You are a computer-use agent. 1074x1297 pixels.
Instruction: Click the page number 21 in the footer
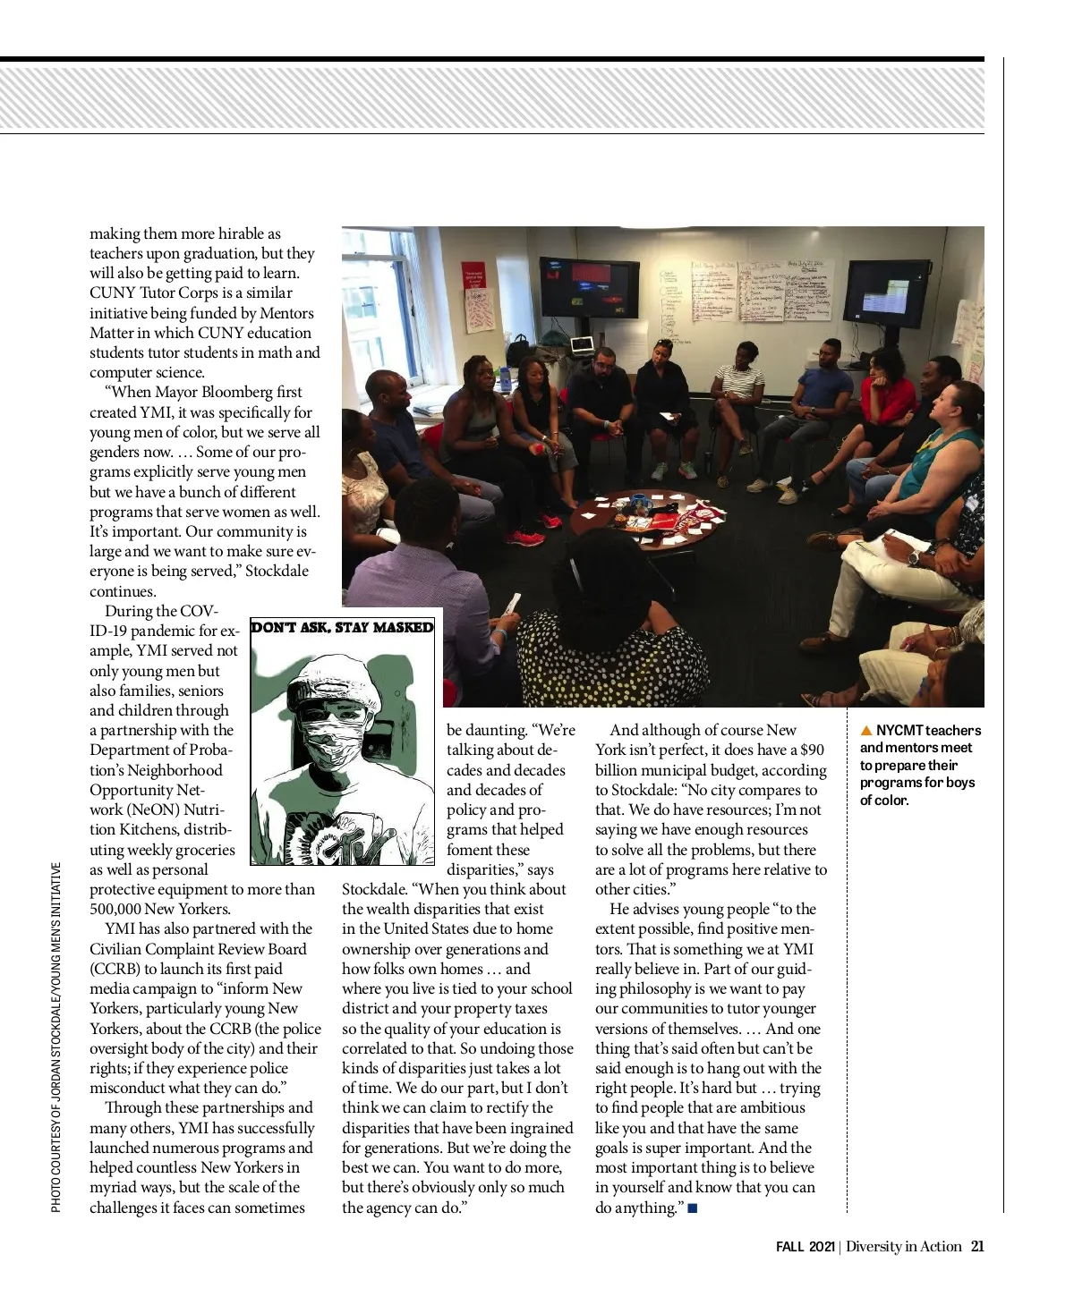(x=977, y=1246)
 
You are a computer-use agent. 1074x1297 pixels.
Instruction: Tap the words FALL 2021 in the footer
(x=805, y=1246)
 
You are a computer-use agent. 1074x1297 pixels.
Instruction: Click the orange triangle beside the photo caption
(x=865, y=731)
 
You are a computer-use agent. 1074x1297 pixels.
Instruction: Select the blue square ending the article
(x=693, y=1209)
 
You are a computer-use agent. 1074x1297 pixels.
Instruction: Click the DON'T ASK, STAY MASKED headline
(x=343, y=627)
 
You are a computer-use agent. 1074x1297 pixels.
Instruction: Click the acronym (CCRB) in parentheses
(x=114, y=969)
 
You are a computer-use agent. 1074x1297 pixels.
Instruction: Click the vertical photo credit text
(x=56, y=1038)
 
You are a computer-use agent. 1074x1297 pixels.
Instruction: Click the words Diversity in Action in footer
(x=904, y=1246)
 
